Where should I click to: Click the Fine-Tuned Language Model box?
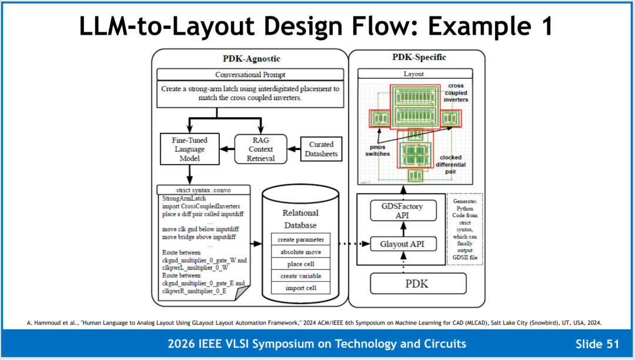pos(189,149)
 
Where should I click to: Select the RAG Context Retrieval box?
pos(261,149)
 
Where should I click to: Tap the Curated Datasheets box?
pos(321,149)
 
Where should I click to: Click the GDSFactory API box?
pos(403,211)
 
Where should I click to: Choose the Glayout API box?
pos(403,244)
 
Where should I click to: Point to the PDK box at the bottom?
pos(418,284)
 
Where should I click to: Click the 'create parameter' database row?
pos(300,239)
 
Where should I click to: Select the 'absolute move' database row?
pos(300,252)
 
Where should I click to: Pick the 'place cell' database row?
pos(300,264)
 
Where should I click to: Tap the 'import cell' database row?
pos(300,288)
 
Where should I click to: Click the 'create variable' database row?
pos(300,276)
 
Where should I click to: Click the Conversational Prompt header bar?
pos(250,75)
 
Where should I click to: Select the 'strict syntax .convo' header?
pos(203,190)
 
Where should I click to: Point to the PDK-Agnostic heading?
pos(252,59)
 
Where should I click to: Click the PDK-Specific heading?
pos(419,57)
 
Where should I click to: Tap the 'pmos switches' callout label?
pos(377,150)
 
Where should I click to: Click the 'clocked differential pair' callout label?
pos(450,164)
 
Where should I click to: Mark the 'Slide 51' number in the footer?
pos(597,344)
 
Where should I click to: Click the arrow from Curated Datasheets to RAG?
pos(293,149)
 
